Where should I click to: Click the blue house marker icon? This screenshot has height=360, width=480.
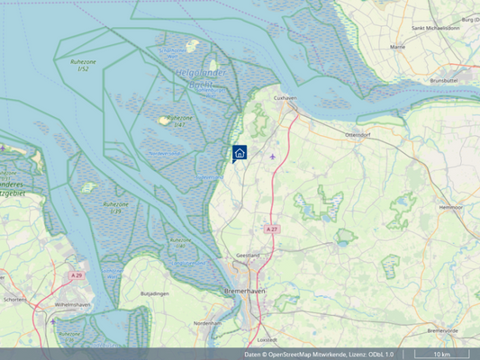click(x=240, y=153)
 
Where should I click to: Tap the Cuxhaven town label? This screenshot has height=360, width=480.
click(x=285, y=97)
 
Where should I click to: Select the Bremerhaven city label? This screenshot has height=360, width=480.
click(x=245, y=292)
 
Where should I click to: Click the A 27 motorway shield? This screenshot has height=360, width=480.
click(x=272, y=229)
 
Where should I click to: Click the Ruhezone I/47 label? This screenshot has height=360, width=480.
click(x=179, y=121)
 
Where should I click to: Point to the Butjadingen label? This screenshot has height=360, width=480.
click(x=155, y=294)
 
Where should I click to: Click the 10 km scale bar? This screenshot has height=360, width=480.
click(x=441, y=354)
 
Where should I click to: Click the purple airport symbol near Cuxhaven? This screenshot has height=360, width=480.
click(x=272, y=155)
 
